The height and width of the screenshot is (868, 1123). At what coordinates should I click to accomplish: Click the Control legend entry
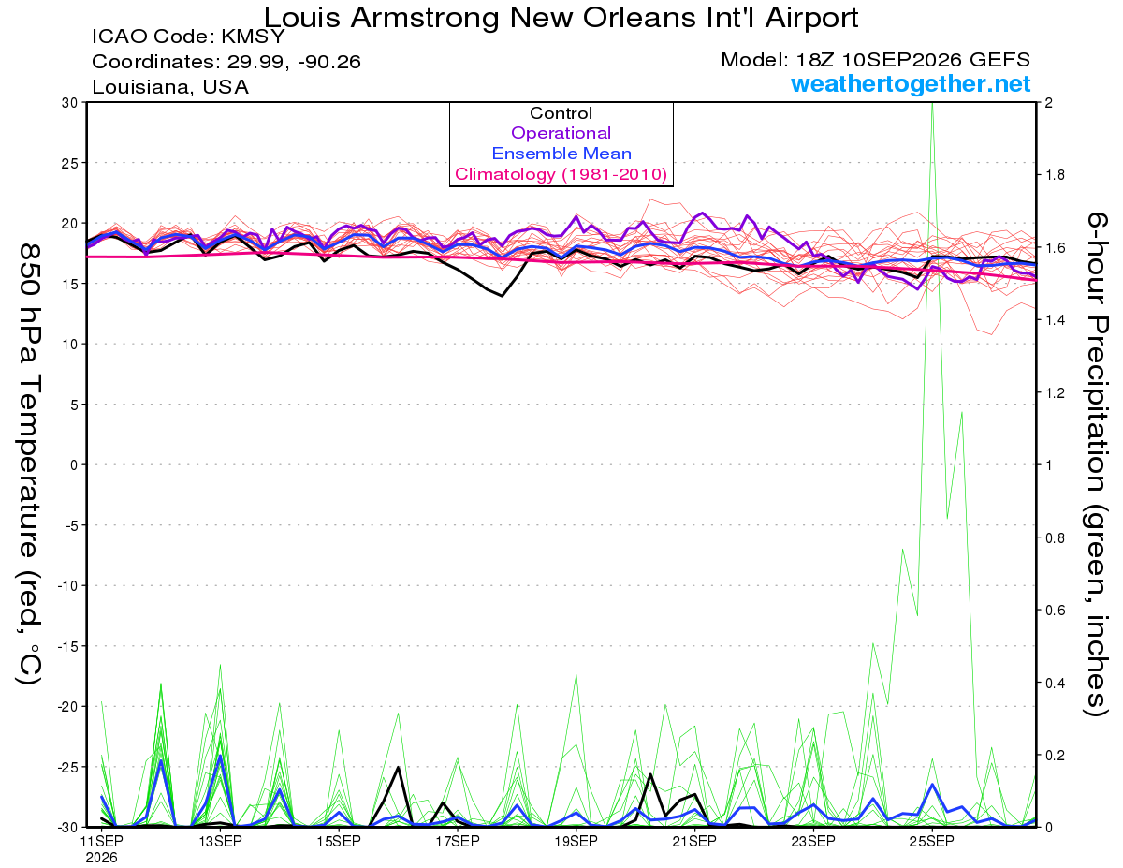[x=561, y=113]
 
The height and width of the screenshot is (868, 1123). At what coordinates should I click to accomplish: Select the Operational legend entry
[x=561, y=133]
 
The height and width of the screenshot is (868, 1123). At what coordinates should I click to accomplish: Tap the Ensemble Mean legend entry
[x=561, y=154]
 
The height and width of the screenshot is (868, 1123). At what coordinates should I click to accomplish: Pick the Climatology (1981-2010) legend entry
[x=561, y=174]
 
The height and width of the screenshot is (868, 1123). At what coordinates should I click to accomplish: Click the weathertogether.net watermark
[x=911, y=83]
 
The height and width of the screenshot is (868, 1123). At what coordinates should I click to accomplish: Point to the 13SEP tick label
[x=221, y=841]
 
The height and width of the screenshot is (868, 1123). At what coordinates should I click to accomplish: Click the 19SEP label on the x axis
[x=576, y=841]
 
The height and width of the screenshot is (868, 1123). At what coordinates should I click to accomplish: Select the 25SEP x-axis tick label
[x=932, y=841]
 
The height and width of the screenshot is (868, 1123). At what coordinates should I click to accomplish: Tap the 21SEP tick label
[x=694, y=841]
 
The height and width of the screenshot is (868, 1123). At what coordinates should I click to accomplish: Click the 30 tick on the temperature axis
[x=69, y=103]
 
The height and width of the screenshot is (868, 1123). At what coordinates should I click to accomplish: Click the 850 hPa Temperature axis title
[x=29, y=463]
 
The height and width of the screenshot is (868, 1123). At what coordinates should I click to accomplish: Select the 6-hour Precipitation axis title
[x=1096, y=463]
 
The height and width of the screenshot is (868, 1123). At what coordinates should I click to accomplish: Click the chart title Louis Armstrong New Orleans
[x=561, y=18]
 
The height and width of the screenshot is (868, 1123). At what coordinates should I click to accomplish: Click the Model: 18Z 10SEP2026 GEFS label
[x=875, y=60]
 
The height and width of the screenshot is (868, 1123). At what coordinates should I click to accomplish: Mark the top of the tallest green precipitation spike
[x=932, y=103]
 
